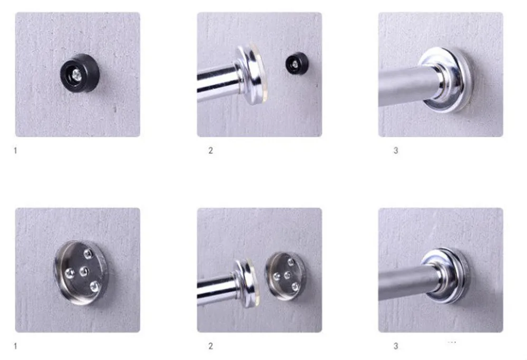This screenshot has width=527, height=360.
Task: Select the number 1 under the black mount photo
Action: point(15,151)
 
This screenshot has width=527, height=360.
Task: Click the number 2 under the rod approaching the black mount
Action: point(211,151)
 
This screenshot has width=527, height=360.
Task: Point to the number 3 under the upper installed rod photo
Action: point(396,151)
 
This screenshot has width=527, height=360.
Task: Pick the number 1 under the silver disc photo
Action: point(15,346)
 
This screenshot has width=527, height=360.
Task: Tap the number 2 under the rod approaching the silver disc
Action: point(211,346)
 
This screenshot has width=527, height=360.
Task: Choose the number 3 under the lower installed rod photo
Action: point(396,346)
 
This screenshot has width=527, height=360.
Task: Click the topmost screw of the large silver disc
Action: point(88,254)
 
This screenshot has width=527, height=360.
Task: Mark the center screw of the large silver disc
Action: point(83,271)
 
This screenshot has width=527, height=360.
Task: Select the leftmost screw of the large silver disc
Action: point(70,273)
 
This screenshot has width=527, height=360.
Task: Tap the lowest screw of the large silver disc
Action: point(94,286)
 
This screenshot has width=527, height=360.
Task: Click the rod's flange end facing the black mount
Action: point(251,74)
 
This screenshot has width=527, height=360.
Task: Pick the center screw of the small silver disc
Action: point(287,276)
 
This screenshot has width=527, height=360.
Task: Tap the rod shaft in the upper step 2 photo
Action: point(217,83)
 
